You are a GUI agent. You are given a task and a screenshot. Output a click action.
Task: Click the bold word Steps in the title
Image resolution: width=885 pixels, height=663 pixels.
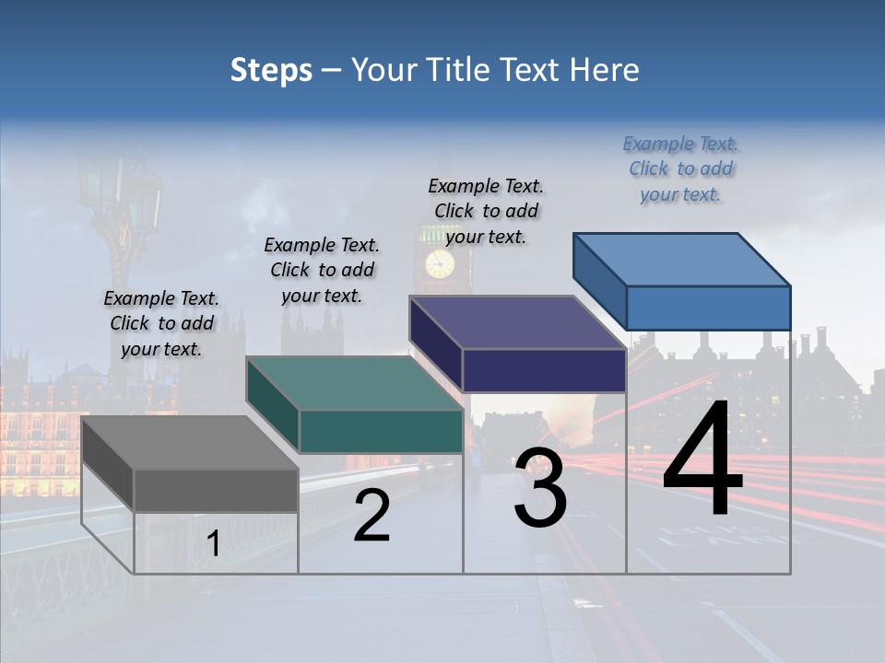(x=271, y=70)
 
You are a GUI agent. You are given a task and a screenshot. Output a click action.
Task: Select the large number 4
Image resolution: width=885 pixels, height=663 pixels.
(x=702, y=459)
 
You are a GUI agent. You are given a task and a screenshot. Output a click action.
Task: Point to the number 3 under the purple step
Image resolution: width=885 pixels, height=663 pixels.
(x=540, y=488)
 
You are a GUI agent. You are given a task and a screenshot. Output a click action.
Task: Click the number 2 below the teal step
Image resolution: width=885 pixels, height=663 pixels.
(x=372, y=516)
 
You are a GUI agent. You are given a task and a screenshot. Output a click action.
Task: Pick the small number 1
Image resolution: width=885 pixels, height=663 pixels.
(x=214, y=544)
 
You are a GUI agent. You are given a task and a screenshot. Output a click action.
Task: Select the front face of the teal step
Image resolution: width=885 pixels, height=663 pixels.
(x=381, y=431)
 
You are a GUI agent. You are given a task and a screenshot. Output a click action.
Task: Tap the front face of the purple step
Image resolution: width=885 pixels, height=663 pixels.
(x=544, y=370)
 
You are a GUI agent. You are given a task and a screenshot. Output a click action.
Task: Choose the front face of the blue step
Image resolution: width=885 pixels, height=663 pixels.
(x=708, y=308)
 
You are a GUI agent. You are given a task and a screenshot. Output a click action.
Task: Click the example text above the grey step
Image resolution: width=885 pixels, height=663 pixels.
(x=161, y=324)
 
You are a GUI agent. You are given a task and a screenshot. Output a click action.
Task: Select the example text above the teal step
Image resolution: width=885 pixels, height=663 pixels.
(x=322, y=270)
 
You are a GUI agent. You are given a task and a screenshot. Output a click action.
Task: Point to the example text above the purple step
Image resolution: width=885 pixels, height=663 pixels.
(x=486, y=211)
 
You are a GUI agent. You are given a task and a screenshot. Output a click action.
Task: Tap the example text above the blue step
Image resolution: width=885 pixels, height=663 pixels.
(x=680, y=169)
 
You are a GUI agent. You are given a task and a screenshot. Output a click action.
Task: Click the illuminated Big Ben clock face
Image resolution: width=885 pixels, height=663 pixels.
(x=440, y=263)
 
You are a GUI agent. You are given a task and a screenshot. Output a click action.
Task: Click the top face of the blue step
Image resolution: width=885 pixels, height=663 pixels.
(x=682, y=259)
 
